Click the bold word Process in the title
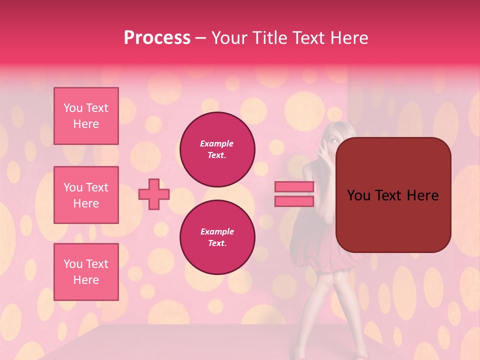click(x=157, y=38)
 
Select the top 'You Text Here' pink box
click(x=86, y=116)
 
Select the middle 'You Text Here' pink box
click(x=86, y=195)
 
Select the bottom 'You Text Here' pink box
click(x=86, y=272)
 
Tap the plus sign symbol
click(x=154, y=194)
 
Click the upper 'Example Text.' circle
click(x=217, y=149)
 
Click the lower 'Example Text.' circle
click(x=217, y=237)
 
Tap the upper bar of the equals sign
click(x=294, y=186)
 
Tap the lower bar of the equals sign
click(x=294, y=201)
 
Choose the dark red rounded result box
click(x=393, y=194)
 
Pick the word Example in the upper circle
click(x=216, y=143)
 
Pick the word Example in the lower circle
click(x=217, y=231)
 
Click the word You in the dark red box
click(x=358, y=195)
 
